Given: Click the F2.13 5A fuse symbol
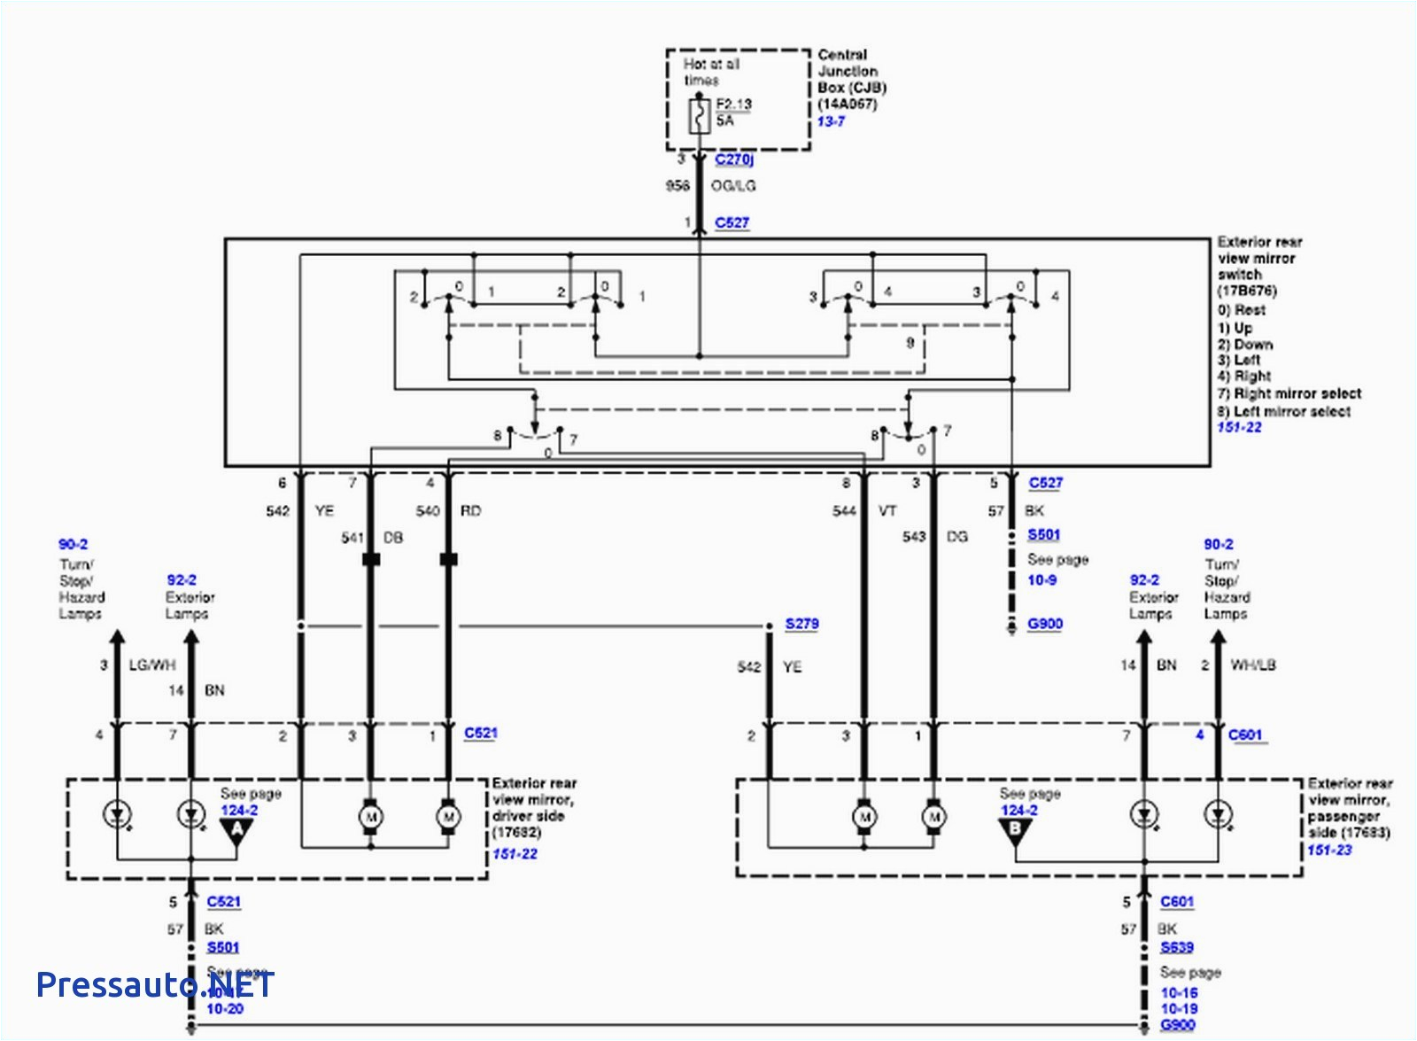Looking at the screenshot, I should click(x=700, y=116).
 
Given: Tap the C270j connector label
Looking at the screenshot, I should click(x=734, y=159).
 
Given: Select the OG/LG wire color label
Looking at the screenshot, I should click(x=733, y=186).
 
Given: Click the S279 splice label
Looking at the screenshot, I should click(x=801, y=624).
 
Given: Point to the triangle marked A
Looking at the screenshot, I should click(x=236, y=830).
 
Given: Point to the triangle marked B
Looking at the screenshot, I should click(x=1015, y=830).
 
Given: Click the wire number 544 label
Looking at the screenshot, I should click(x=844, y=511).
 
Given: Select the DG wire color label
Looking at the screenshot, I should click(x=956, y=537).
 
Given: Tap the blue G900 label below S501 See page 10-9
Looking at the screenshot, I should click(x=1044, y=624).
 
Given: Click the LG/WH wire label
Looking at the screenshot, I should click(x=152, y=665).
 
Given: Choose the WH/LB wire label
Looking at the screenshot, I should click(x=1252, y=665).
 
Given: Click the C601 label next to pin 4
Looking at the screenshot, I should click(x=1244, y=734).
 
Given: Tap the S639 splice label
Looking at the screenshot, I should click(x=1177, y=947).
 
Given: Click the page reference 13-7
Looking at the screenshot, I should click(x=831, y=121).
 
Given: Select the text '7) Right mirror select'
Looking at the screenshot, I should click(x=1289, y=393).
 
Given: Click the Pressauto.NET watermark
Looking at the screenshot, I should click(x=155, y=984).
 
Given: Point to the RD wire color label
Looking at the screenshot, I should click(x=470, y=511).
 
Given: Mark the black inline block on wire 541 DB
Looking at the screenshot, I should click(x=371, y=560).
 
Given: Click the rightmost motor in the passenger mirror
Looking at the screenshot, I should click(x=933, y=816).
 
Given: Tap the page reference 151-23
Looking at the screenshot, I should click(x=1328, y=851).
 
